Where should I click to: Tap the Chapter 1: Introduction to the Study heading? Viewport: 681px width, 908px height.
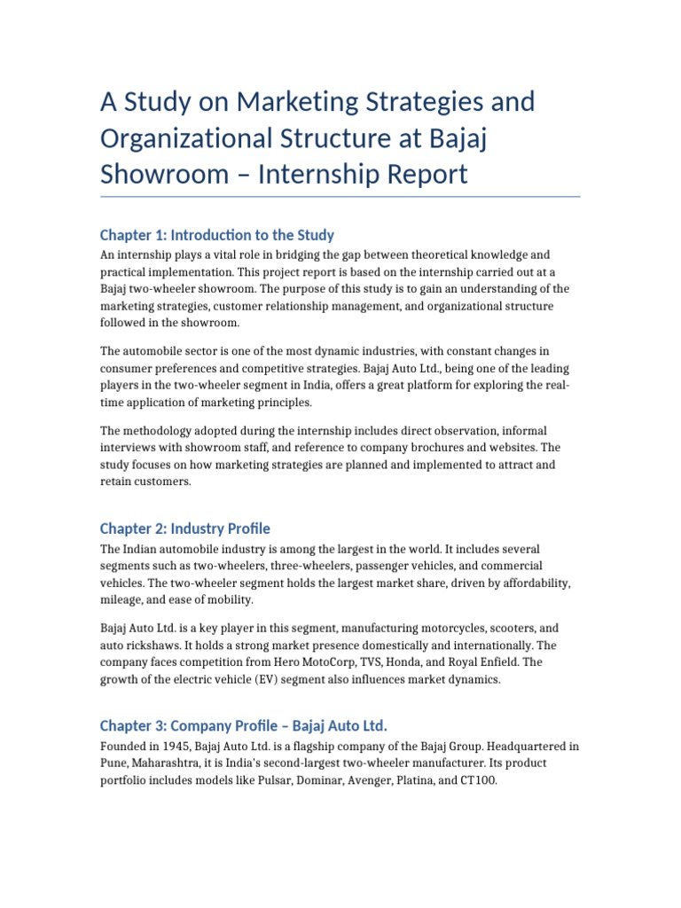pos(216,235)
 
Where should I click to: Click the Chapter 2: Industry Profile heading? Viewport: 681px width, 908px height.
pos(184,528)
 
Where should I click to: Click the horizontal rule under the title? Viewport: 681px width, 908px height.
pos(340,197)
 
